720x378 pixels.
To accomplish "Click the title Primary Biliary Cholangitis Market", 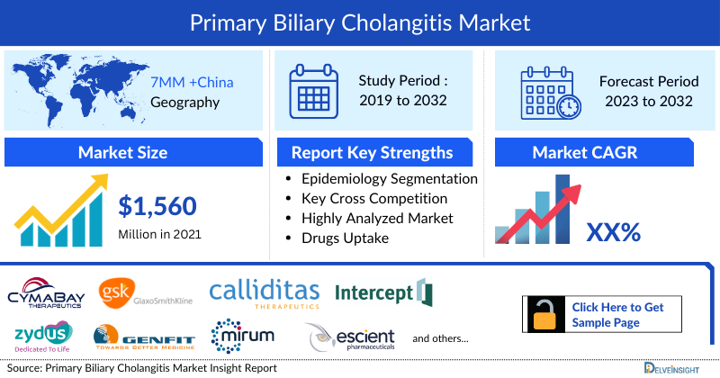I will coord(360,21).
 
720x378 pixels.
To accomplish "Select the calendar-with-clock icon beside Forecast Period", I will coord(549,90).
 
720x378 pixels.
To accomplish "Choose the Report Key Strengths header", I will coord(372,152).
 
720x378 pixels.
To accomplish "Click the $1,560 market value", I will coord(157,206).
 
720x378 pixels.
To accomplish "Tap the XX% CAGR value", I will coord(613,232).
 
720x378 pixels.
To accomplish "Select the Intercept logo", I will coord(383,292).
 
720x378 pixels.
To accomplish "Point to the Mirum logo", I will coord(238,336).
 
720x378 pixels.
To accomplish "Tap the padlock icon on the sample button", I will coord(545,314).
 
